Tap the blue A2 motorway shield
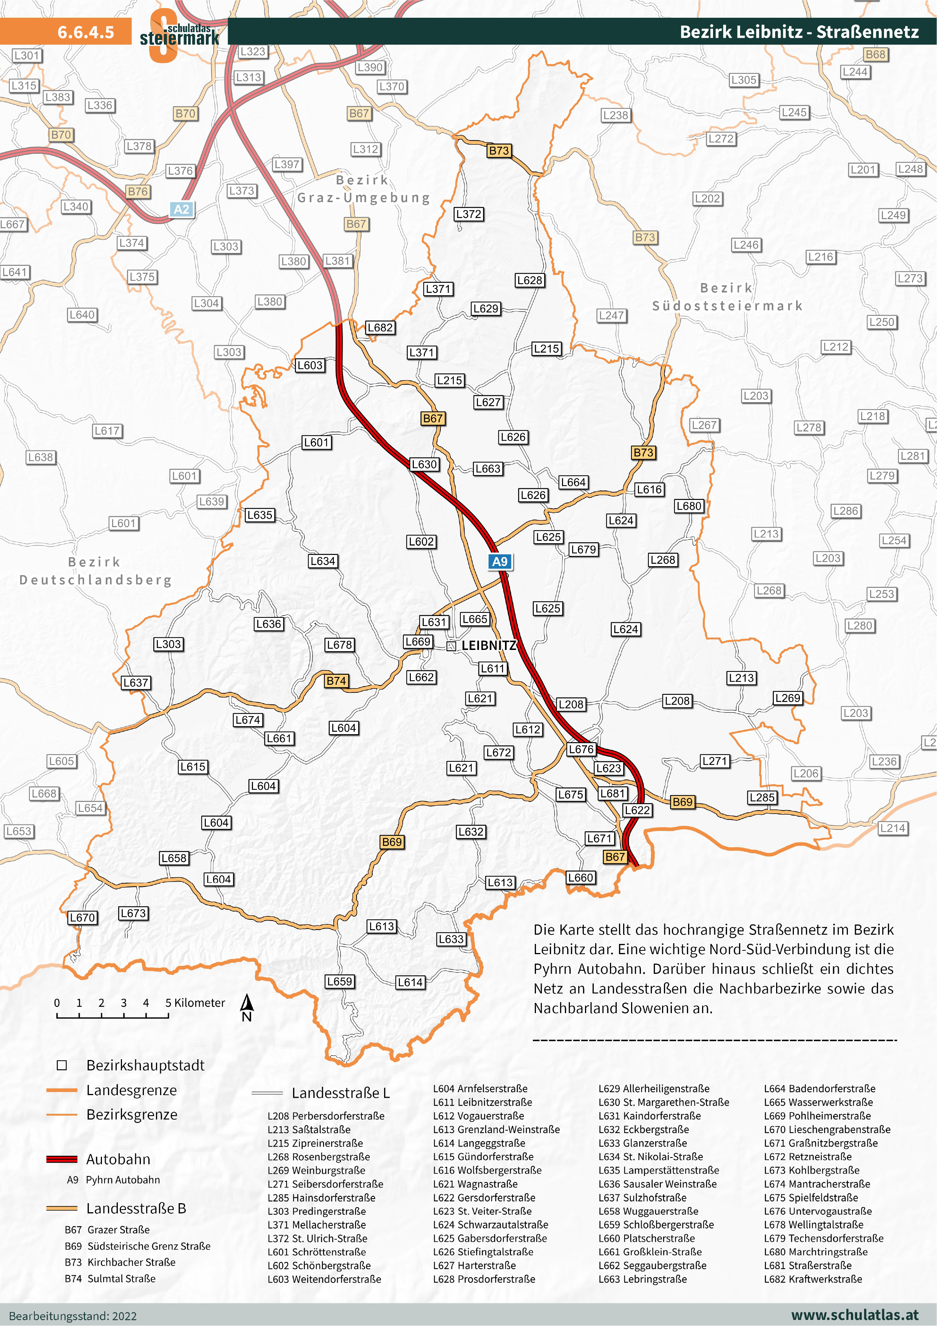181,209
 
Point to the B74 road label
336,681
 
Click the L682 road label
380,328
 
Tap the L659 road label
340,981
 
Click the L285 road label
762,798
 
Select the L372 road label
468,214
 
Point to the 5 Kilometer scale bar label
195,1003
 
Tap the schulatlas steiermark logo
179,35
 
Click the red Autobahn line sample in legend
62,1159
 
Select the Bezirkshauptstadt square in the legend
62,1065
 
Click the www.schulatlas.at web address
854,1315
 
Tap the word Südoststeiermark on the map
727,306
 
